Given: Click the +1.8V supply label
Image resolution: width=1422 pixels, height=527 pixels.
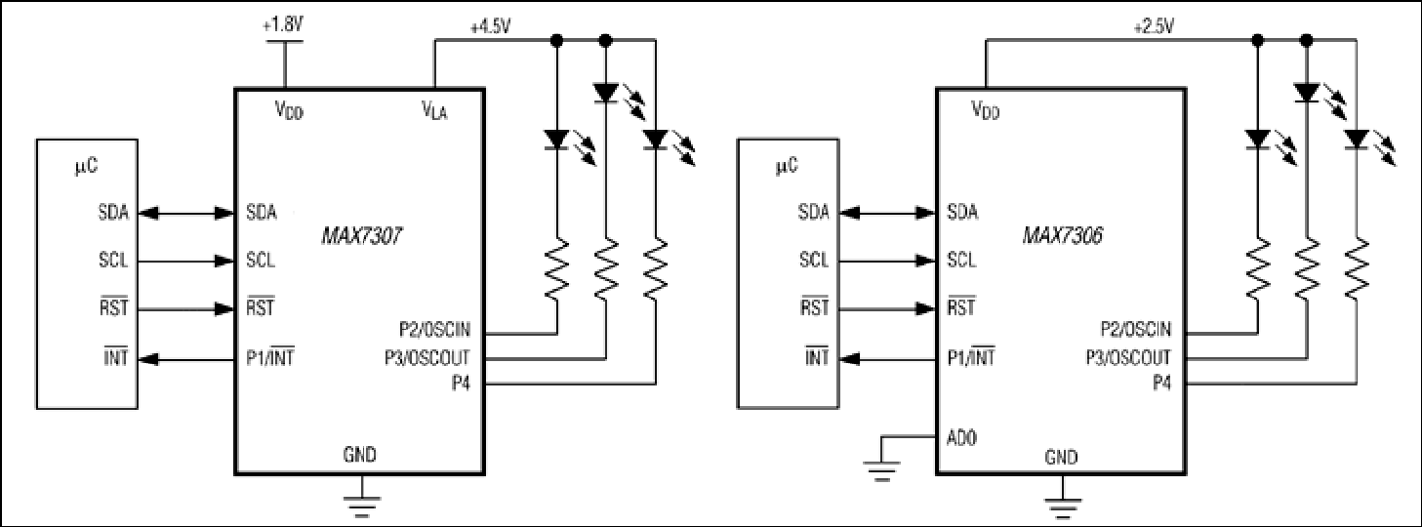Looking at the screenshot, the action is click(282, 25).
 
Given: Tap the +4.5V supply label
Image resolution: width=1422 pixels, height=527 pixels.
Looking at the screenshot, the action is click(490, 27).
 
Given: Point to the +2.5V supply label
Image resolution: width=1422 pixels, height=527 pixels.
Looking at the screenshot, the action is click(1154, 27).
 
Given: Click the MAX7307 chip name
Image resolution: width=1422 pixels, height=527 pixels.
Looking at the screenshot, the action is click(361, 237).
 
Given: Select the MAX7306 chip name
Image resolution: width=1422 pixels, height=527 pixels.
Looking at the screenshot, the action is click(1063, 235).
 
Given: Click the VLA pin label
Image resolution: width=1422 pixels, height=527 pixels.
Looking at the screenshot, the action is click(435, 110).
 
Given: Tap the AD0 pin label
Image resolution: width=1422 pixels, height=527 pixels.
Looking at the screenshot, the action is click(961, 438).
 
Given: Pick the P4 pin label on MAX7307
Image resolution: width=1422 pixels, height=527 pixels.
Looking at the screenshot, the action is click(461, 384).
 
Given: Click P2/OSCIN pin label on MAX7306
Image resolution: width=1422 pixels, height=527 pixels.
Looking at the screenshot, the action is click(1136, 329).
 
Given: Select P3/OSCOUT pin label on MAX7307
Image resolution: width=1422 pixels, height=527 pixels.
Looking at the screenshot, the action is click(427, 357).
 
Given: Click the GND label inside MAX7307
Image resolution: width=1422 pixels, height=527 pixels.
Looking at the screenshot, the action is click(359, 455).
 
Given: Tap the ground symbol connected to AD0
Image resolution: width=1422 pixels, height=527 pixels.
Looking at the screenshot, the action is click(881, 469).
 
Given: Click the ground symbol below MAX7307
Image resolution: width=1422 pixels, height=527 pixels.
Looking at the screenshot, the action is click(362, 502).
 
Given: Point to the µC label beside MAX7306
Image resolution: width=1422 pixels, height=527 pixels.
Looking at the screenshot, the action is click(787, 166).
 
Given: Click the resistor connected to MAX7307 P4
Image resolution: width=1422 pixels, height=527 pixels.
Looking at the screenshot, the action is click(655, 268).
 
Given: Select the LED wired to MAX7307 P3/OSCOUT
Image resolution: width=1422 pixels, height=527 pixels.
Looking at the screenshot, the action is click(606, 94).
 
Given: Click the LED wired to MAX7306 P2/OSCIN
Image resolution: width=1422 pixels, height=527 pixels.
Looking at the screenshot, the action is click(1258, 140).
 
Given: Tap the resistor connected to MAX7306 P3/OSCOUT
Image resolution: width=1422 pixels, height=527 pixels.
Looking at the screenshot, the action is click(1307, 268).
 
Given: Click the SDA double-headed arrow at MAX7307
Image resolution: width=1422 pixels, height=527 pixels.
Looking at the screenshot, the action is click(186, 214).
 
